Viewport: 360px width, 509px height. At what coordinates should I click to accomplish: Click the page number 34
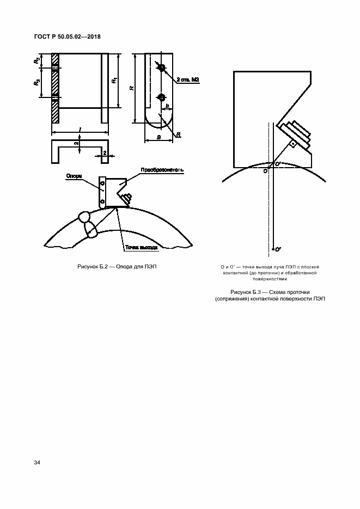37,463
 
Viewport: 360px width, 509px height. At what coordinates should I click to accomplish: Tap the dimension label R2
35,60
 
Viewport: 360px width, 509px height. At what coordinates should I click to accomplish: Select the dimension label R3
35,83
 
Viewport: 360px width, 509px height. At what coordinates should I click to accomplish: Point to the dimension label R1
114,81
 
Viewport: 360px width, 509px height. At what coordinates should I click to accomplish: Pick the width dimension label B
158,138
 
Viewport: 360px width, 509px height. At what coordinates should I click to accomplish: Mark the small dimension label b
167,106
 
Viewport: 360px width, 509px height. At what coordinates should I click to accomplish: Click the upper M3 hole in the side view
161,66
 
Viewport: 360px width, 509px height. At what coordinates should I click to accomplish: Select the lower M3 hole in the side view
161,97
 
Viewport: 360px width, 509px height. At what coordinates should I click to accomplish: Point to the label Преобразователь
162,170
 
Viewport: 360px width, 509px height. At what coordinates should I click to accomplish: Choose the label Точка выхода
141,247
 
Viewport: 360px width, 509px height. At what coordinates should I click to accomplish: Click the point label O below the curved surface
265,171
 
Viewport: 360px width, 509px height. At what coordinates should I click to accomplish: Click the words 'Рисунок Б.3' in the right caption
247,292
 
